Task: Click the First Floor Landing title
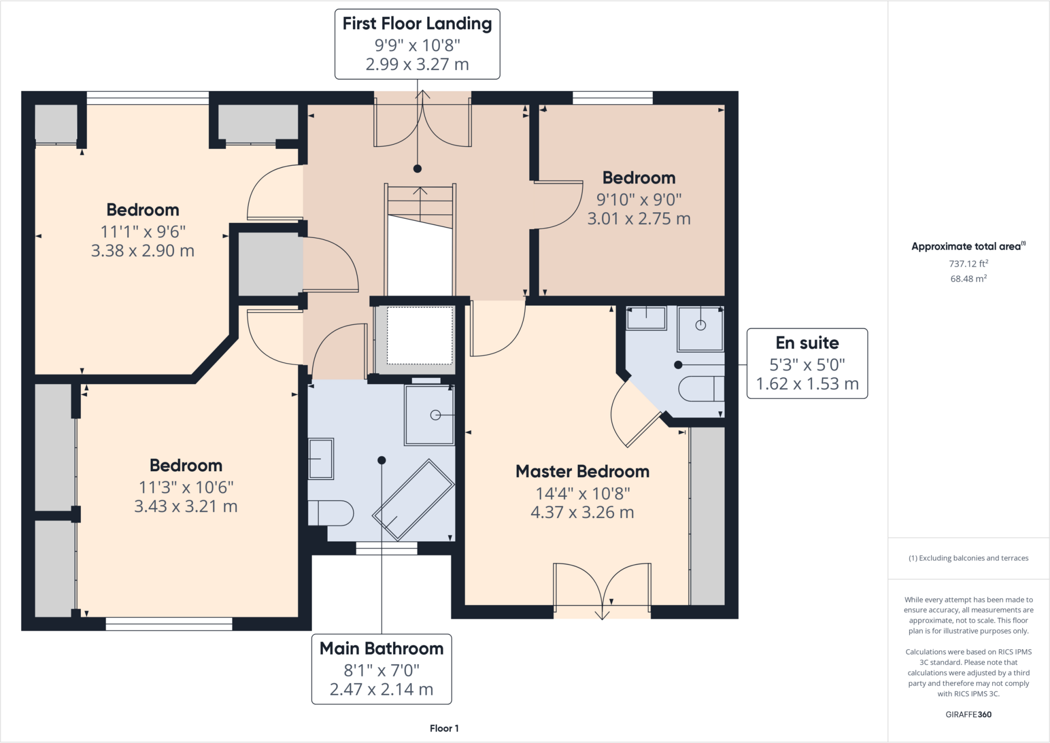[417, 24]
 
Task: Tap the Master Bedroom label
[582, 471]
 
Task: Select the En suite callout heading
[807, 343]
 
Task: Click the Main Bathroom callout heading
[381, 649]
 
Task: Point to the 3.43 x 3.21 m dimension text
[186, 507]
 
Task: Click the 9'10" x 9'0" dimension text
[639, 199]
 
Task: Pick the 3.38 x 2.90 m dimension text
[143, 251]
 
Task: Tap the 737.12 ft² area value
[968, 264]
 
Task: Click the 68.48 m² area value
[968, 278]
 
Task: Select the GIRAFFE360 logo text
[968, 714]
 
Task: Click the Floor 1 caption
[444, 728]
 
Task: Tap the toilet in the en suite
[701, 389]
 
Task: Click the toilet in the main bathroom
[331, 513]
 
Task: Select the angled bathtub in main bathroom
[413, 500]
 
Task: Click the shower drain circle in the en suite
[701, 325]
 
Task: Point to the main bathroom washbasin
[321, 458]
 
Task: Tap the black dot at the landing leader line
[417, 169]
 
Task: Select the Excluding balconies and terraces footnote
[968, 558]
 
